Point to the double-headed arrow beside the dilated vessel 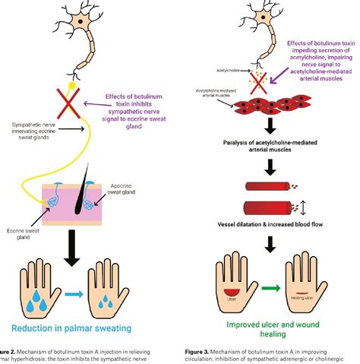(302, 206)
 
